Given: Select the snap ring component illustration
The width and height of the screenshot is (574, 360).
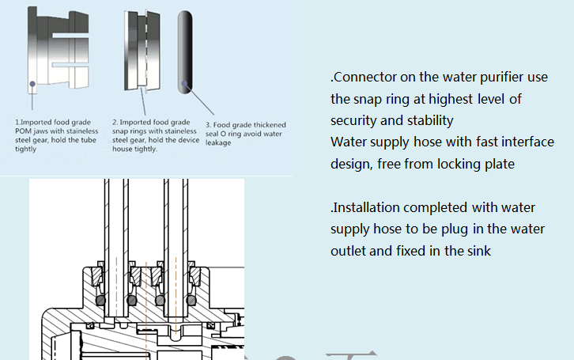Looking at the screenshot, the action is [x=142, y=51].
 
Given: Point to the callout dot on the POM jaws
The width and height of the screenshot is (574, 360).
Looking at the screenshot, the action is [x=31, y=82].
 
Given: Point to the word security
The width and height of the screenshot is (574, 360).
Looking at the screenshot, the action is [x=355, y=120].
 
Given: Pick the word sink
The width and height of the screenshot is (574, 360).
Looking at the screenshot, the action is [x=476, y=250].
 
